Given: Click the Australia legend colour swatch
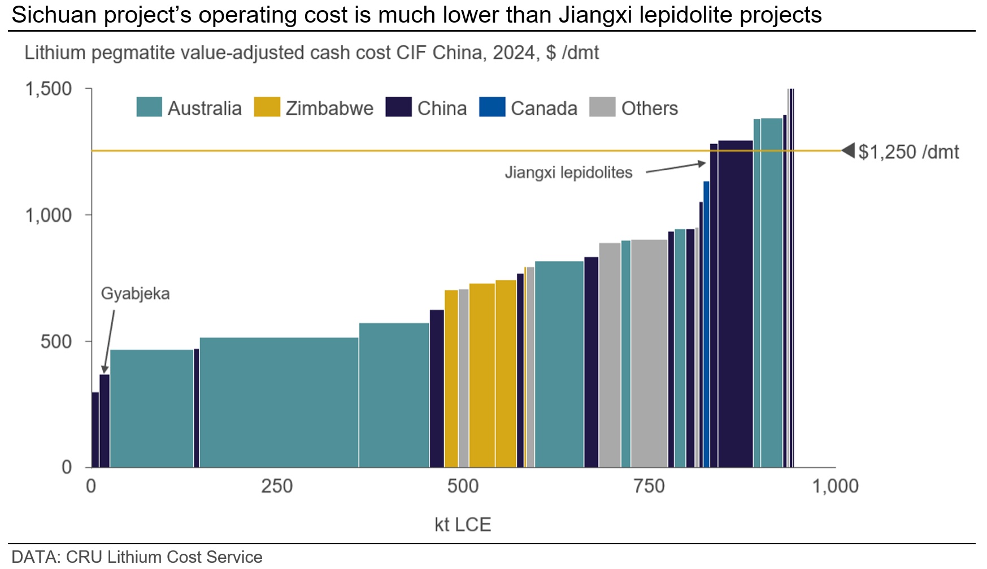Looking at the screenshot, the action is (x=149, y=107).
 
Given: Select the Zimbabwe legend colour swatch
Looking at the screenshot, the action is (x=267, y=107).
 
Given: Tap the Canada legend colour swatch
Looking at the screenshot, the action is (x=492, y=107).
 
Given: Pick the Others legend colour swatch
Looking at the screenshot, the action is (x=602, y=107).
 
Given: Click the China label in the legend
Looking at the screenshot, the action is (x=442, y=108).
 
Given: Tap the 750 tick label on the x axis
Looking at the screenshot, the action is (x=649, y=486).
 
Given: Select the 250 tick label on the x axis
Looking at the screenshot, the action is (x=277, y=486).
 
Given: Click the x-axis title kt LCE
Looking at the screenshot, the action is (x=463, y=525).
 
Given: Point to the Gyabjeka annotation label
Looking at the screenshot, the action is (x=136, y=294).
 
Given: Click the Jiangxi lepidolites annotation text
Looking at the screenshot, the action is (x=568, y=172).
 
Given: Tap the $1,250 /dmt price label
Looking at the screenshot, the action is (x=908, y=152).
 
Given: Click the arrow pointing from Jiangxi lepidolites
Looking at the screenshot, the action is (x=676, y=167).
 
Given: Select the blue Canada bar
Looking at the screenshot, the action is (x=706, y=324).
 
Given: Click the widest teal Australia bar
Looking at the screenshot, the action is (x=279, y=402).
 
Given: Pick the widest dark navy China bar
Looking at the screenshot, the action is (x=736, y=304).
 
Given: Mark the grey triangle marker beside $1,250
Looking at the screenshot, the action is (x=848, y=151).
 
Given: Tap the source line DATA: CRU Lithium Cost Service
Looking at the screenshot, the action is (x=137, y=557).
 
